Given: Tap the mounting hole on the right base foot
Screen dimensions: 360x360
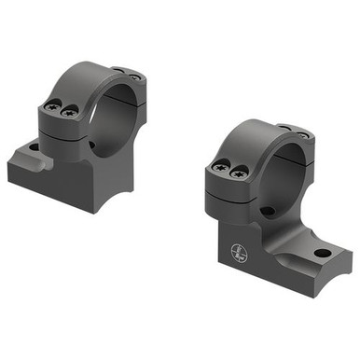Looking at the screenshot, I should (x=321, y=253).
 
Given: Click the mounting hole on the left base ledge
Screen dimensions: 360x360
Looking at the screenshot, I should (x=34, y=146).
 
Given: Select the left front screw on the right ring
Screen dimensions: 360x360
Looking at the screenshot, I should (x=221, y=167).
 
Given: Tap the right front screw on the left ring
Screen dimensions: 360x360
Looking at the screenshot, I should (x=72, y=111).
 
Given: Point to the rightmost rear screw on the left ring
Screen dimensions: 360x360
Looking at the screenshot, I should (x=135, y=76).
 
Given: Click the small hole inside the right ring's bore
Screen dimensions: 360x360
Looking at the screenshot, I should (x=269, y=212).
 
